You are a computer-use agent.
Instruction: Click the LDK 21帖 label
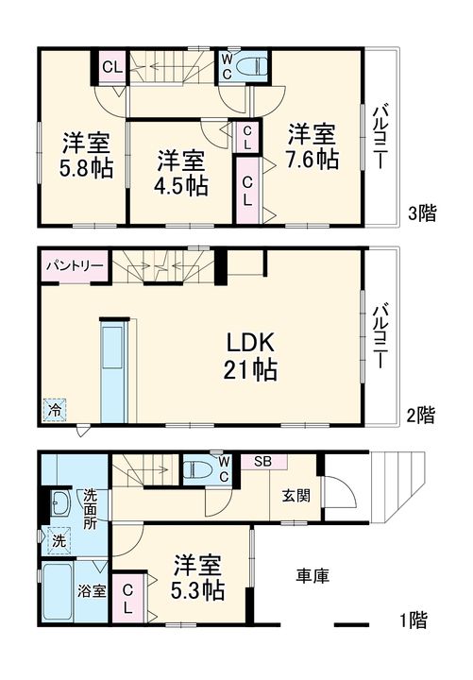point(250,356)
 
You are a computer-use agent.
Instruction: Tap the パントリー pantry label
point(75,265)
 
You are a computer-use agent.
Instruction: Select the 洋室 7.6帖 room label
point(312,146)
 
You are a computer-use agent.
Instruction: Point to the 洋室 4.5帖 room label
point(180,173)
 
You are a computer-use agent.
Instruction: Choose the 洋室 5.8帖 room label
point(86,155)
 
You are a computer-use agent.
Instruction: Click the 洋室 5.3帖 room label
point(197,577)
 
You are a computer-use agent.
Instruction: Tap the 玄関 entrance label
point(296,496)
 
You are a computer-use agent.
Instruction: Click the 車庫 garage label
point(313,575)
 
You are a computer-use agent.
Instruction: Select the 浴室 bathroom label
point(92,590)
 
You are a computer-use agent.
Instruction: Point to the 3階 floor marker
point(423,212)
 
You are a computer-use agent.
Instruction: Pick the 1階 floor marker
point(414,620)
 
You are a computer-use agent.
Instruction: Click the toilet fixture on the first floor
point(197,470)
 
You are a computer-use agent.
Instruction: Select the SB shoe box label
point(262,462)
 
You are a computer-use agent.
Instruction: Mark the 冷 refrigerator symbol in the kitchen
point(55,410)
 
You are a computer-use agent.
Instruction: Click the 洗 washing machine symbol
point(59,540)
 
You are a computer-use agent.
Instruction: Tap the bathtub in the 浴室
point(58,592)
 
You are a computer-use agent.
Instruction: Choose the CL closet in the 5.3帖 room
point(127,599)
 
